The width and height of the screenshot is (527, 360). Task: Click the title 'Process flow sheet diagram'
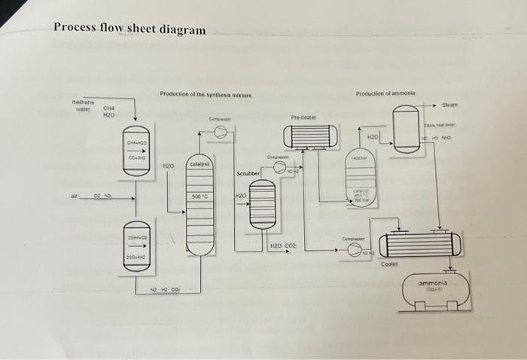pos(129,29)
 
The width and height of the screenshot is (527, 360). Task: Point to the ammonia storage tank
pos(437,288)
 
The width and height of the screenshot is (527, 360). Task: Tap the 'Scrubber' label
pos(248,173)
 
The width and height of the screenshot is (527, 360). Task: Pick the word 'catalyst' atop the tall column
pos(200,163)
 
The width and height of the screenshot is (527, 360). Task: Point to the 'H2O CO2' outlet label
pos(284,246)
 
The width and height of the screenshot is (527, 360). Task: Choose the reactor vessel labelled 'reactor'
pos(359,181)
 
